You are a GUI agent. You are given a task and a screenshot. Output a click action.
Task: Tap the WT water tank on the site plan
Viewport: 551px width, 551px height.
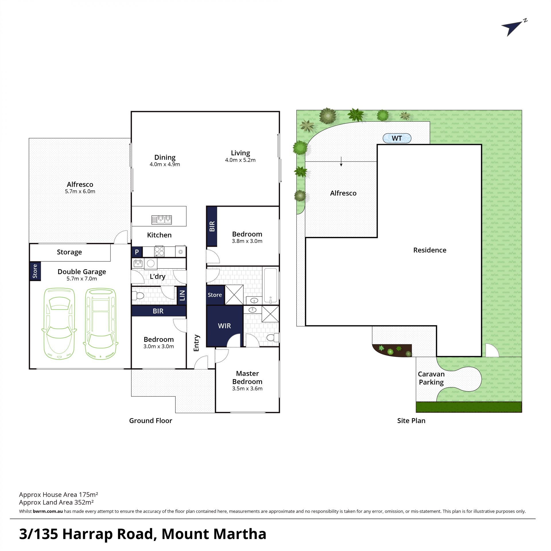coord(397,138)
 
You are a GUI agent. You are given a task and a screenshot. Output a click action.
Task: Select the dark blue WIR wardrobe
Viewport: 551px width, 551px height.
coord(225,326)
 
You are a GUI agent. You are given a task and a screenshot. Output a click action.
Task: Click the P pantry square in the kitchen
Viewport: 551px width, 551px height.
coord(137,252)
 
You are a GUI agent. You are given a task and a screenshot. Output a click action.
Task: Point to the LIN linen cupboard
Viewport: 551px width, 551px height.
coord(182,295)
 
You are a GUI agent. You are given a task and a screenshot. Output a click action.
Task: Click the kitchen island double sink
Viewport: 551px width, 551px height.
coord(162,220)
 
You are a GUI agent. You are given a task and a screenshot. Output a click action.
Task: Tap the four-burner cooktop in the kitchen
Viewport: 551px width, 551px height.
coord(160,251)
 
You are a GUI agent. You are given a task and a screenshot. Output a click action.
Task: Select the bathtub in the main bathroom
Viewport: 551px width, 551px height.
coord(271,286)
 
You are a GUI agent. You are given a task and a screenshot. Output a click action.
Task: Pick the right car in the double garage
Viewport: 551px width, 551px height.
coord(100,324)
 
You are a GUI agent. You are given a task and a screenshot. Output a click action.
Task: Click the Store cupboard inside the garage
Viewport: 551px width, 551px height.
coord(35,271)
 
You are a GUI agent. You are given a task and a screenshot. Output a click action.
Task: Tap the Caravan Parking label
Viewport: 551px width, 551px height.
coord(431,378)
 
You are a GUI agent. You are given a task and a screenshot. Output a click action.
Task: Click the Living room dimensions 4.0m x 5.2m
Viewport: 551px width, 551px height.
coord(240,160)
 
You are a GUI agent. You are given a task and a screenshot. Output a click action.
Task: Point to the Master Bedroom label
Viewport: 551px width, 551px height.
coord(247,377)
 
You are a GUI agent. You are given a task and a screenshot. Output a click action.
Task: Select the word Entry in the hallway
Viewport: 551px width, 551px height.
coord(196,343)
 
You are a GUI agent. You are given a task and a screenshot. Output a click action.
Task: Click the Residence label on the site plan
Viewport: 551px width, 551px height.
coord(430,250)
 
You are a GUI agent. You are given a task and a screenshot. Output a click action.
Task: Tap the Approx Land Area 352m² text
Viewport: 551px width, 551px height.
coord(57,502)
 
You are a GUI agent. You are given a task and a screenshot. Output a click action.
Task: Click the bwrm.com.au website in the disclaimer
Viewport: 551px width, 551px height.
coord(48,511)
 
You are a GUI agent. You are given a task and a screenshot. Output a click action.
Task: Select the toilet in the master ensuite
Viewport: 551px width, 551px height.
coord(272,337)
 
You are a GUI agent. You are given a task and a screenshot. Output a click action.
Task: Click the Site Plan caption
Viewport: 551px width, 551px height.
coord(411,421)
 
